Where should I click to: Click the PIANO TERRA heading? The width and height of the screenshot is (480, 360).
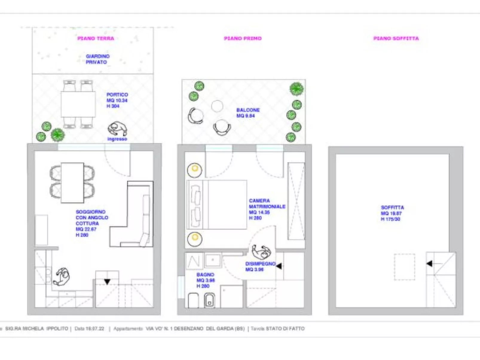(x=96, y=38)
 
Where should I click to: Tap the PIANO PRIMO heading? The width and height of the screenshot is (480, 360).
(x=243, y=38)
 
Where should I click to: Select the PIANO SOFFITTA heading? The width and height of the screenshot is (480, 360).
(x=396, y=38)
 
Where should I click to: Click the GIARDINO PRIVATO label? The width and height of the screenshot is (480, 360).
(x=97, y=59)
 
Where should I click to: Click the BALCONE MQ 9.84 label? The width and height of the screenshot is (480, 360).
(x=248, y=113)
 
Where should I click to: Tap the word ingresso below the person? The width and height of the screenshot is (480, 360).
(x=117, y=139)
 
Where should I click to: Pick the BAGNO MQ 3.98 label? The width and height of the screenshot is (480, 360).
(x=206, y=280)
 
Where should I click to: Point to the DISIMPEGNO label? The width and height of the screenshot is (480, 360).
(x=260, y=264)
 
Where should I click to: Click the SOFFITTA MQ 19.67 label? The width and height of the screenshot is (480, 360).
(x=392, y=213)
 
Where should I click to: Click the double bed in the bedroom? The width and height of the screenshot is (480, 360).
(x=221, y=205)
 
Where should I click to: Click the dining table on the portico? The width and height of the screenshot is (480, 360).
(x=78, y=104)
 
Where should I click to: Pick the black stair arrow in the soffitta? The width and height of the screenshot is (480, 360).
(x=429, y=264)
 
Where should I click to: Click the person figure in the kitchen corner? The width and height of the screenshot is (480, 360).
(x=62, y=277)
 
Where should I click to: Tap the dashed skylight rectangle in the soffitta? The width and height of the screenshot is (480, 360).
(x=404, y=267)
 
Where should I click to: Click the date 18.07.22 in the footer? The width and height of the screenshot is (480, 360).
(x=95, y=328)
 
